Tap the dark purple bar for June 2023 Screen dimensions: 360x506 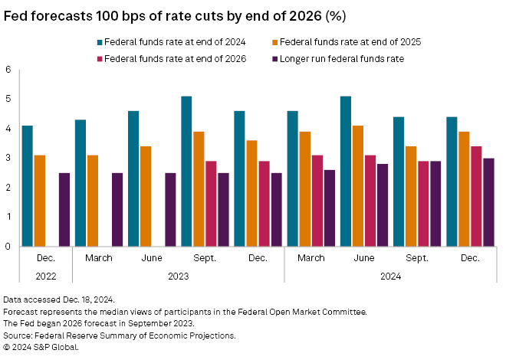click(170, 210)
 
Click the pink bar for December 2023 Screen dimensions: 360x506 click(264, 204)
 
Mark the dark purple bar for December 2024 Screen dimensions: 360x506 click(488, 202)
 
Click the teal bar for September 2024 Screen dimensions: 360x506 click(398, 182)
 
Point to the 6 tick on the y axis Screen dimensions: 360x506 click(8, 70)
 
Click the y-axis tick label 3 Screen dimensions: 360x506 click(8, 158)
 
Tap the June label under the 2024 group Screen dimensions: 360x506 click(363, 259)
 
